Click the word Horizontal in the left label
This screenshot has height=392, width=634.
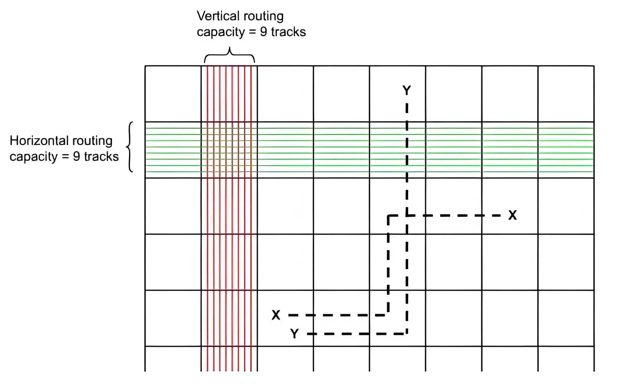(x=39, y=141)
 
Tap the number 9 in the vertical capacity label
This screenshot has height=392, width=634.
(x=263, y=32)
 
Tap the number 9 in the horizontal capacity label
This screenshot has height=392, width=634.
(x=76, y=157)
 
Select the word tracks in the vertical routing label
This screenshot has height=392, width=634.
(x=288, y=32)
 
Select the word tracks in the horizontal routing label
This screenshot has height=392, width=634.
(x=101, y=157)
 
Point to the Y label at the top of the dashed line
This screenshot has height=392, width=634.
(x=407, y=91)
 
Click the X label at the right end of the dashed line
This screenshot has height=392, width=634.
(x=512, y=215)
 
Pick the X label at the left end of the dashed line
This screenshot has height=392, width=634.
(x=276, y=315)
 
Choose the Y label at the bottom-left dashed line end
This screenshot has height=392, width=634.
(x=294, y=334)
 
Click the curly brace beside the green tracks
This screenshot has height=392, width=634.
(x=130, y=147)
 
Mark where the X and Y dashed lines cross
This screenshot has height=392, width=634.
(x=407, y=216)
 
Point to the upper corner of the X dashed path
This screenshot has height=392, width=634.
(x=388, y=216)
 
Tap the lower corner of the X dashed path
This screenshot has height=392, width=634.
(x=388, y=315)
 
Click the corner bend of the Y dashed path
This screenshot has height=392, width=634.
(x=407, y=334)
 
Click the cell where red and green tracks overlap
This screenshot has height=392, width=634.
(x=229, y=150)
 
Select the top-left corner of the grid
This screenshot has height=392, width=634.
(x=145, y=66)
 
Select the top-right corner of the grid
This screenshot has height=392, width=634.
(x=594, y=66)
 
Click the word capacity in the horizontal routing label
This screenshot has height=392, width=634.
(x=33, y=157)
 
